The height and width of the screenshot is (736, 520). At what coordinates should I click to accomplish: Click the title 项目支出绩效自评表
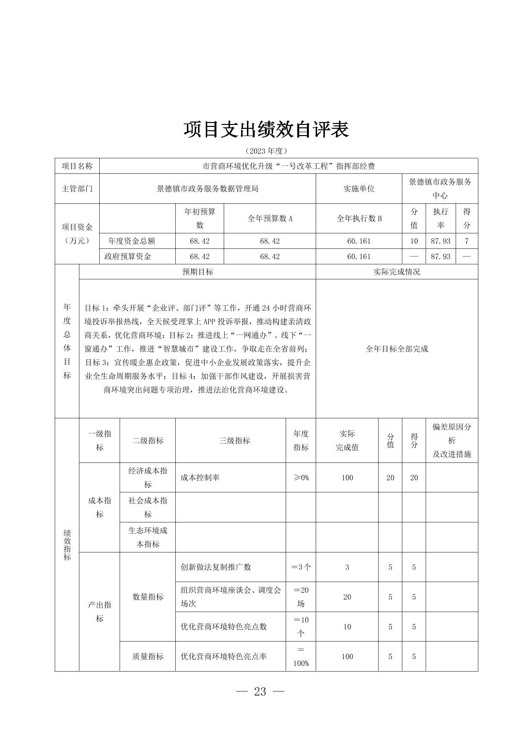(266, 130)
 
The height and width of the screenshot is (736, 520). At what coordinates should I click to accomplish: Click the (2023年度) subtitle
(266, 151)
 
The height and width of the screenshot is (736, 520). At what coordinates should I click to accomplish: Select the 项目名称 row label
(77, 166)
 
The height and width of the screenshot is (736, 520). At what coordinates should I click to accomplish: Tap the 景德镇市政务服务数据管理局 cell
(207, 189)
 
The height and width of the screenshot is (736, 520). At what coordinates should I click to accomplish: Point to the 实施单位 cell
(359, 189)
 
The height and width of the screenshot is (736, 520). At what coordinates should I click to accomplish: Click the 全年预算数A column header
(270, 218)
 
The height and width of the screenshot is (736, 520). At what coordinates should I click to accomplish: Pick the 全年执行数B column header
(359, 218)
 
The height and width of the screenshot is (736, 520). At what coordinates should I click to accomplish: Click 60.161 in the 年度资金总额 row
(359, 241)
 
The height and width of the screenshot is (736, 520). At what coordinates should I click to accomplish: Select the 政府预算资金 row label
(128, 257)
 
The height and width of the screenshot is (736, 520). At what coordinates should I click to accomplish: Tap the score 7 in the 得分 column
(466, 241)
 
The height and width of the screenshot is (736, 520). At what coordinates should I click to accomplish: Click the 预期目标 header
(198, 272)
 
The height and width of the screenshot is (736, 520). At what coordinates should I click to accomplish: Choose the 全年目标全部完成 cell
(397, 349)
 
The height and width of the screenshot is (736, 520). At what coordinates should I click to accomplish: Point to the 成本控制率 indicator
(200, 477)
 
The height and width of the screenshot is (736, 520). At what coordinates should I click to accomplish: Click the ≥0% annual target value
(301, 477)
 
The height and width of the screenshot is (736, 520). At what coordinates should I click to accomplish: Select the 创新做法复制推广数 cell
(216, 567)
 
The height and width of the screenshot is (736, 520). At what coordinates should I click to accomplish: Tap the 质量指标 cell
(148, 657)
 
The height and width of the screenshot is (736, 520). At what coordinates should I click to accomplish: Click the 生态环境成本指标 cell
(148, 537)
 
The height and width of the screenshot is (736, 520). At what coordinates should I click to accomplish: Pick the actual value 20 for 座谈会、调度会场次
(347, 597)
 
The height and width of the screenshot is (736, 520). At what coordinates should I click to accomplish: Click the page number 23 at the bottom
(260, 691)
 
